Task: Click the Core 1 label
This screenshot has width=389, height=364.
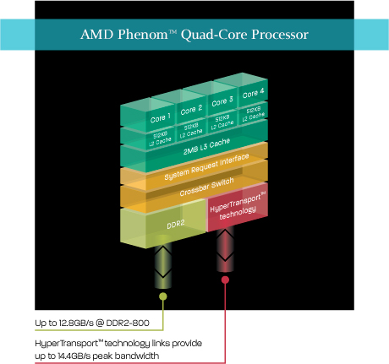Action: (x=161, y=118)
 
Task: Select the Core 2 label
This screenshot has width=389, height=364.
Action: (x=191, y=110)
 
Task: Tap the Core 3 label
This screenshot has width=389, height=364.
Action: (x=222, y=101)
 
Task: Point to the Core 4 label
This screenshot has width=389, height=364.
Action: (x=254, y=93)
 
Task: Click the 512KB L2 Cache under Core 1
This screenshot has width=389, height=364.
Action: (x=160, y=139)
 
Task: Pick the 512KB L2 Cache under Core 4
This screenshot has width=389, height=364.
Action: (x=254, y=114)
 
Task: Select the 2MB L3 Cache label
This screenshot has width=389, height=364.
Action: (x=206, y=146)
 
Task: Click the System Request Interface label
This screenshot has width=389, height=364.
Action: (x=206, y=166)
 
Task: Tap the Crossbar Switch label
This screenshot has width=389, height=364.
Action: (x=206, y=187)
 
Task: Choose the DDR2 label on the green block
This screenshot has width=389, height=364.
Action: (x=176, y=225)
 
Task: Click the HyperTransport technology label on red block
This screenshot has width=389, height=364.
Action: (x=238, y=206)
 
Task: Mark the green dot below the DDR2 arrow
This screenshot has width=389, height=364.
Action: (x=163, y=296)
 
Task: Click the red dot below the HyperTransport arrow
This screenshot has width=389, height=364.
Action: (x=225, y=280)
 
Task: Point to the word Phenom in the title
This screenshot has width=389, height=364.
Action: (x=143, y=35)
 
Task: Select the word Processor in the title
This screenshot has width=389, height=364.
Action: (x=280, y=35)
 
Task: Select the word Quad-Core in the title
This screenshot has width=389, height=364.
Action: (x=214, y=35)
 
